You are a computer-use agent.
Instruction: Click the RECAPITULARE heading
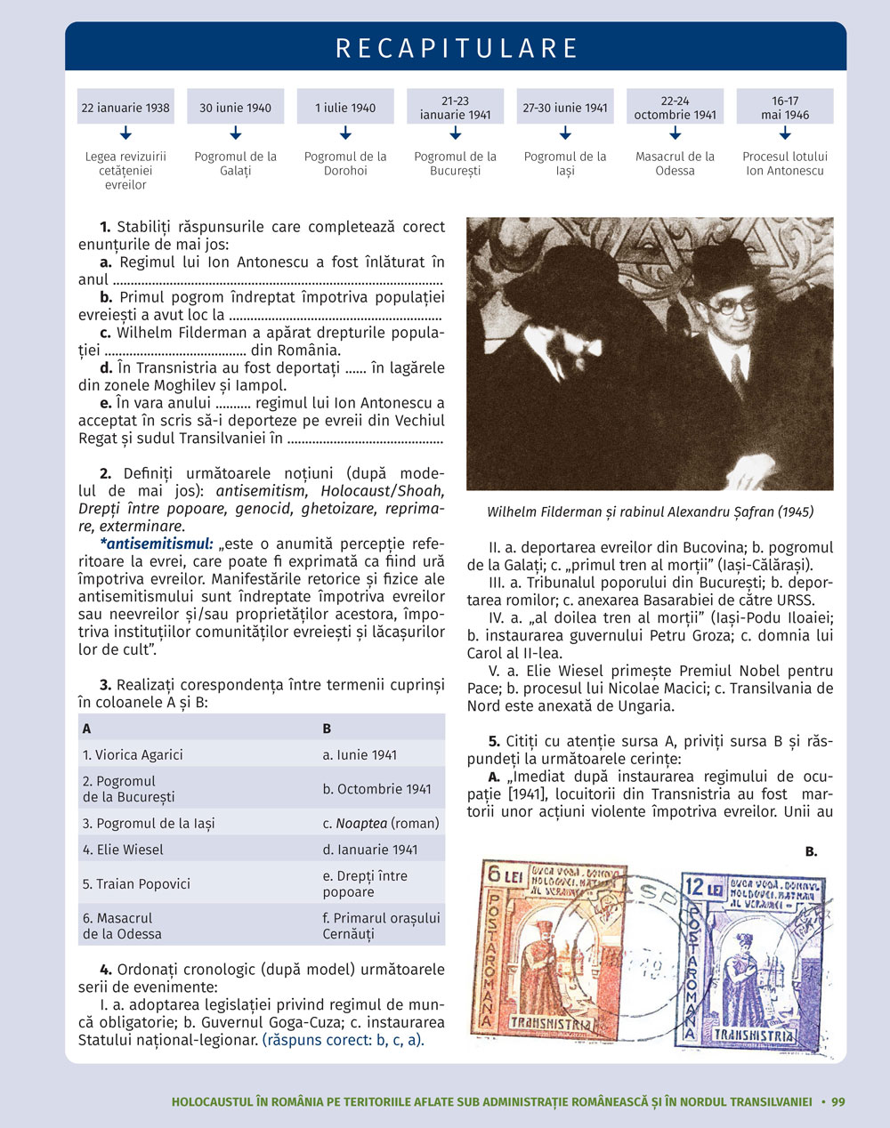point(457,48)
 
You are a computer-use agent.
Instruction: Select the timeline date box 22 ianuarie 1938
point(125,108)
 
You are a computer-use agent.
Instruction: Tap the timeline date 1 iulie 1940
point(345,108)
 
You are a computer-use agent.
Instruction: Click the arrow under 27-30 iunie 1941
point(565,133)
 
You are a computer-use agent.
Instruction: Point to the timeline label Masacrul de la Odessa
point(675,164)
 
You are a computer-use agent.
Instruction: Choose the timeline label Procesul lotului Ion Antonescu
point(784,164)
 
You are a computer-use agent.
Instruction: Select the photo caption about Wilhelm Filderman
point(650,512)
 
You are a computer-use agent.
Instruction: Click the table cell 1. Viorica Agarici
point(133,754)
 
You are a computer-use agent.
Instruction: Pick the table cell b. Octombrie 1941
point(376,788)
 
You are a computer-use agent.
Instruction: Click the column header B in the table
point(327,728)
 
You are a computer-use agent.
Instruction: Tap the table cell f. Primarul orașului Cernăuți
point(381,925)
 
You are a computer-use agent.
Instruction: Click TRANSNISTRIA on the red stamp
point(551,1023)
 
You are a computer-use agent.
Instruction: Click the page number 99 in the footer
point(838,1101)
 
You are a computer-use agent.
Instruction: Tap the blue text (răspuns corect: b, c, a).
point(344,1040)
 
